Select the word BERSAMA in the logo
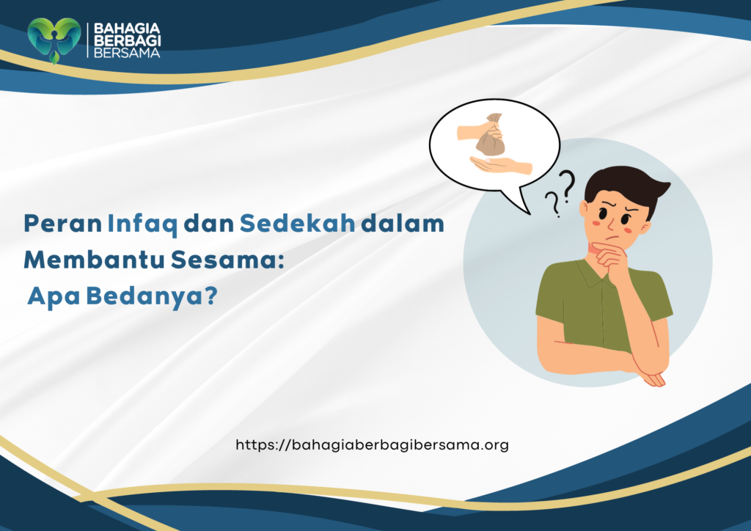coord(124,53)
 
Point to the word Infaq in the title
coord(142,224)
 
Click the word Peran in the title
coord(62,224)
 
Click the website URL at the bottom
coord(372,444)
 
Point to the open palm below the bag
coord(502,166)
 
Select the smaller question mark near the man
coord(552,205)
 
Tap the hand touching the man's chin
coord(611,257)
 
